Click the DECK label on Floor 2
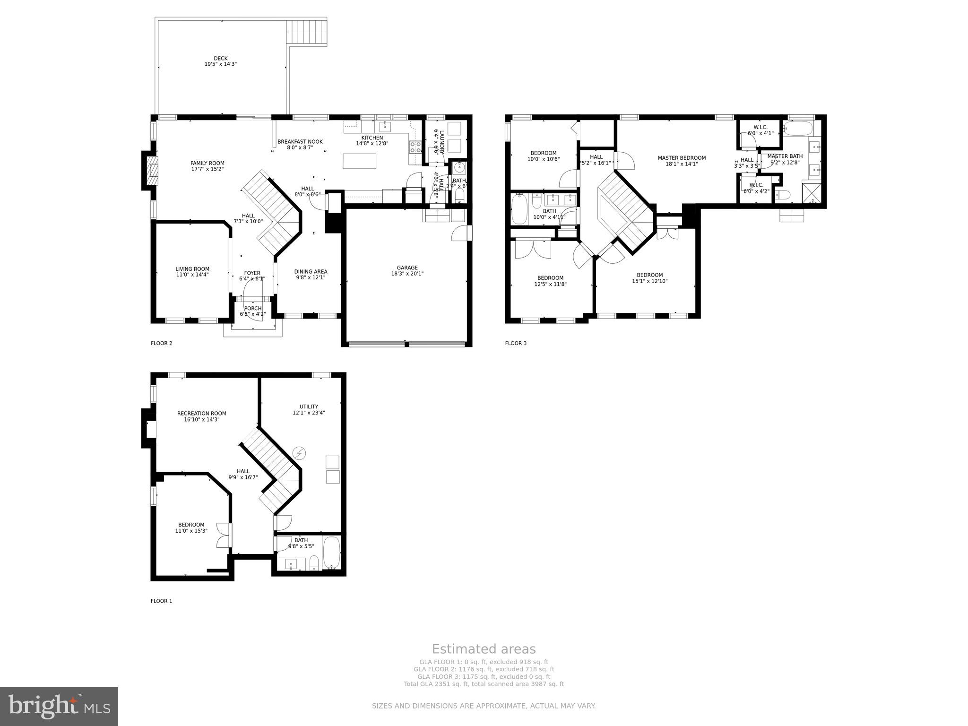[220, 59]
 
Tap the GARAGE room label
[407, 268]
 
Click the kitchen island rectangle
[360, 161]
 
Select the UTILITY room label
[309, 406]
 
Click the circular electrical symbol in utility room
[299, 453]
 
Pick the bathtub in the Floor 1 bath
[331, 553]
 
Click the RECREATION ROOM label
[202, 413]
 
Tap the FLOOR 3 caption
[516, 343]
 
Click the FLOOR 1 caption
[161, 601]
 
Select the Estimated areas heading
[484, 649]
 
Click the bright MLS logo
[59, 706]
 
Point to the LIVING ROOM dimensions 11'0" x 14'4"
[192, 275]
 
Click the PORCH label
[253, 308]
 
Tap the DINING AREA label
[311, 271]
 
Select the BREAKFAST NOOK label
[300, 141]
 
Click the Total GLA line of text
[484, 683]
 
